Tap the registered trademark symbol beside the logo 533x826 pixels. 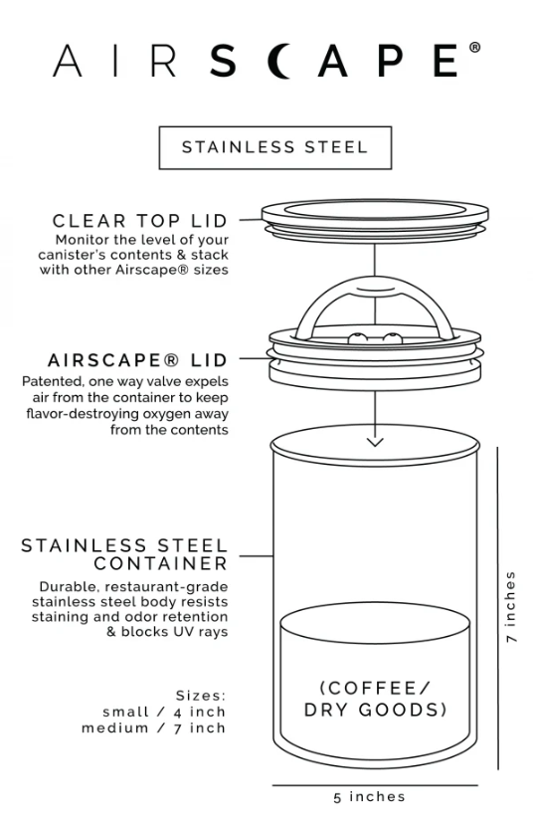tap(474, 48)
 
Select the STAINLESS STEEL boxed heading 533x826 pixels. tap(275, 147)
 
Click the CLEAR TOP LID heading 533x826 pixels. tap(140, 220)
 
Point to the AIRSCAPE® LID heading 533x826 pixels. tap(138, 360)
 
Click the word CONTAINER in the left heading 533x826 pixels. tap(161, 563)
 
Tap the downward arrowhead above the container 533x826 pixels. tap(375, 442)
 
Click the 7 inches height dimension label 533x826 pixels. tap(510, 607)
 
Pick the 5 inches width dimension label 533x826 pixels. tap(369, 796)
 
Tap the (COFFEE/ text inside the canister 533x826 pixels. tap(375, 688)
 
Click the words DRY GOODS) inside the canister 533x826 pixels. tap(375, 710)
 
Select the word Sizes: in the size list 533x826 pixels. tap(201, 696)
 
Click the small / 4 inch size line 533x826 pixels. tap(164, 713)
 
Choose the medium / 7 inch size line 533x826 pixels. tap(154, 728)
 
